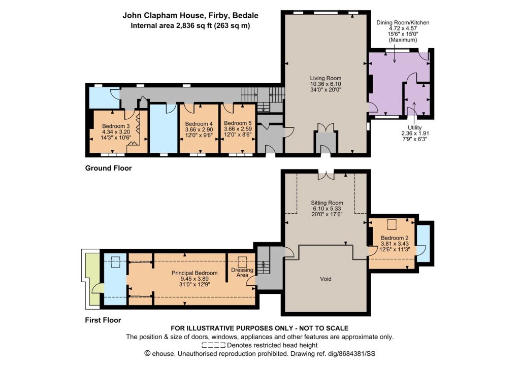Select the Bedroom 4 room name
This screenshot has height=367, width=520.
pyautogui.click(x=199, y=124)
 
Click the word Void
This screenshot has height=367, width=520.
pyautogui.click(x=326, y=279)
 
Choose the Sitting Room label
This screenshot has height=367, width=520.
pyautogui.click(x=327, y=203)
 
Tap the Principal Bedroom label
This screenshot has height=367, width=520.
pyautogui.click(x=194, y=273)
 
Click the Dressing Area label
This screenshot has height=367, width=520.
pyautogui.click(x=242, y=272)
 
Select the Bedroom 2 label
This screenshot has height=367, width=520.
pyautogui.click(x=394, y=238)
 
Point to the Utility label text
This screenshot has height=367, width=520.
pyautogui.click(x=414, y=127)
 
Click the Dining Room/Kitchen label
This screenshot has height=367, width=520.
pyautogui.click(x=403, y=22)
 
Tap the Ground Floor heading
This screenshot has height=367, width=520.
pyautogui.click(x=109, y=168)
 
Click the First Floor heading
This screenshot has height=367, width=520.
pyautogui.click(x=103, y=320)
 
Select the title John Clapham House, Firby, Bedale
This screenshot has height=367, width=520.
pyautogui.click(x=190, y=15)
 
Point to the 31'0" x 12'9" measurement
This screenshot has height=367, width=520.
pyautogui.click(x=194, y=284)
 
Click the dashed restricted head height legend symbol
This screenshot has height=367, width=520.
pyautogui.click(x=213, y=345)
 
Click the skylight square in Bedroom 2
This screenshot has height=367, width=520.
pyautogui.click(x=392, y=224)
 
